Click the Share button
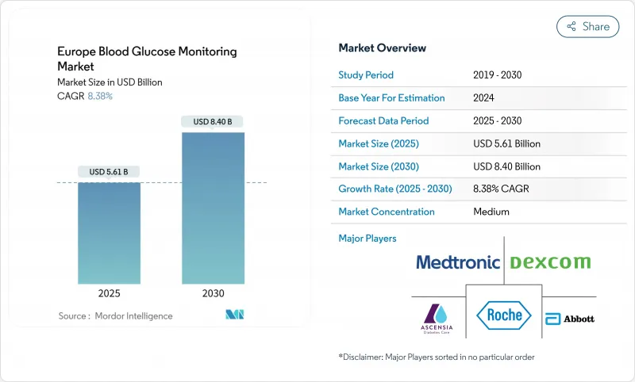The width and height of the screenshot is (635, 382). [587, 26]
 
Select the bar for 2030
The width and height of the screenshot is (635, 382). [213, 206]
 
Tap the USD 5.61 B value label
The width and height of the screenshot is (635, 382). [109, 172]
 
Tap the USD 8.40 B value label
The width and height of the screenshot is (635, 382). [213, 121]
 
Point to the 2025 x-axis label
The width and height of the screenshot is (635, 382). [109, 292]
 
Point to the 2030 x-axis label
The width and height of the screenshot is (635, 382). [213, 292]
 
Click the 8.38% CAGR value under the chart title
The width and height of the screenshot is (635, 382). [99, 96]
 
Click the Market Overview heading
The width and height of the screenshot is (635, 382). [383, 48]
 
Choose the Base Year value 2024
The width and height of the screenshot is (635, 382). [484, 98]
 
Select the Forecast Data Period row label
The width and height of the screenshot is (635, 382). [383, 121]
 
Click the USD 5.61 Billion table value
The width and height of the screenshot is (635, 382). [506, 144]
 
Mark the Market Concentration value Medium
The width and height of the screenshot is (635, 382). [491, 212]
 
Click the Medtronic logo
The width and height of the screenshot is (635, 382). [458, 262]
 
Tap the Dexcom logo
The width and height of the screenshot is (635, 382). [549, 262]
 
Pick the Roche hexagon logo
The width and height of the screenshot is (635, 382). [504, 314]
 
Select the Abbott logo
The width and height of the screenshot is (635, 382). [568, 317]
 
